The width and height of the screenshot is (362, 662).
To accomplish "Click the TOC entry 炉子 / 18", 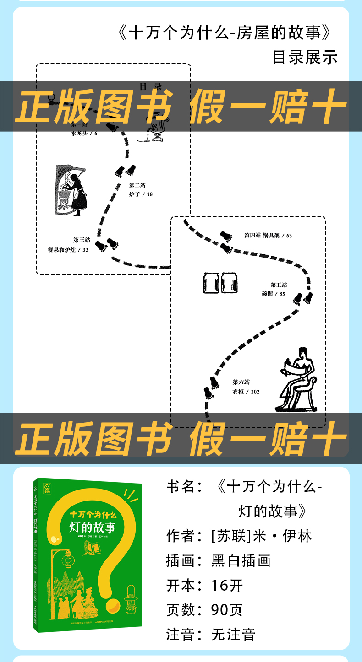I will click(141, 194).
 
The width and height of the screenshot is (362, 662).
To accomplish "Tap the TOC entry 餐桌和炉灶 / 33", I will click(68, 250).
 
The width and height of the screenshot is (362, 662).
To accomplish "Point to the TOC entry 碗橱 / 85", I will click(274, 294).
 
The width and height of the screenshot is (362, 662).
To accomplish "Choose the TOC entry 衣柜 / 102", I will click(246, 392).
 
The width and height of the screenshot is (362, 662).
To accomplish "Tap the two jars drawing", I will click(220, 282).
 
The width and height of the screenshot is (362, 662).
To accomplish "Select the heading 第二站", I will click(137, 185).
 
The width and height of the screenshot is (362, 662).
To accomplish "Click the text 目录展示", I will click(305, 57).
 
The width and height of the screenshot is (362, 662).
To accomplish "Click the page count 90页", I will click(227, 610).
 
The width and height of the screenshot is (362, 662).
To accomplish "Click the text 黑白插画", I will click(241, 560).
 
